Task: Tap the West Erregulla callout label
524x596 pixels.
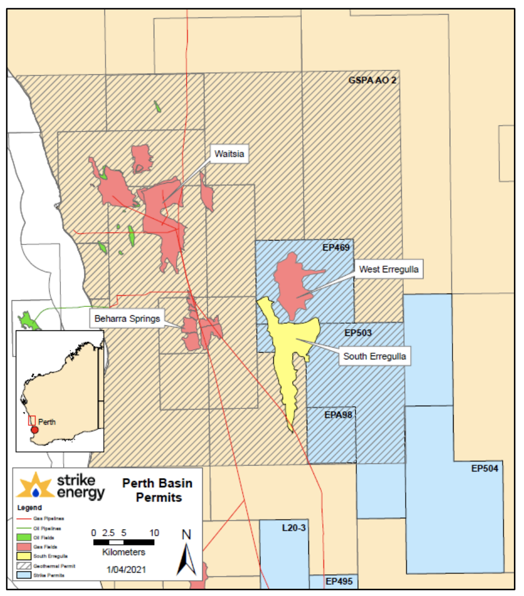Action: tap(389, 270)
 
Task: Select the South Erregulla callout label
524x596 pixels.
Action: tap(375, 356)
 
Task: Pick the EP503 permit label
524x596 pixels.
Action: tap(358, 333)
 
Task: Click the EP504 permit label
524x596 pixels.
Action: tap(484, 468)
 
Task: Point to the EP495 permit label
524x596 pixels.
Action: tap(339, 581)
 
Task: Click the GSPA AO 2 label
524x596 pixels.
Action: tap(372, 80)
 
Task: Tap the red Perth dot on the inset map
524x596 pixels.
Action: tap(35, 430)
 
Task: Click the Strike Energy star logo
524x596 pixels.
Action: tap(35, 484)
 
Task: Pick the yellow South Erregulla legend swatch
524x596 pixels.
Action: tap(25, 556)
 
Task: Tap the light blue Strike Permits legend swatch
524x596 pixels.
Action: tap(25, 574)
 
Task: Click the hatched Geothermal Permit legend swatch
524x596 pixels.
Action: tap(25, 565)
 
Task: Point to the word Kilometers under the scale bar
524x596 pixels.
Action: tap(124, 552)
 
